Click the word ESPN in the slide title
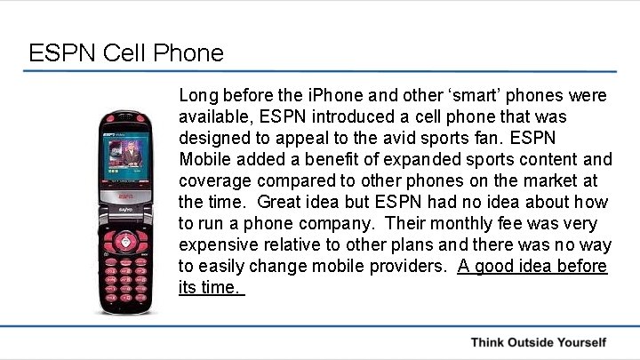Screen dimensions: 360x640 (62, 53)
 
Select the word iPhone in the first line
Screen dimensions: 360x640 (331, 95)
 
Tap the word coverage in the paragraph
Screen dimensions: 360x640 (212, 180)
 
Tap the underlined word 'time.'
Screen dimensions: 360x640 (223, 287)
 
